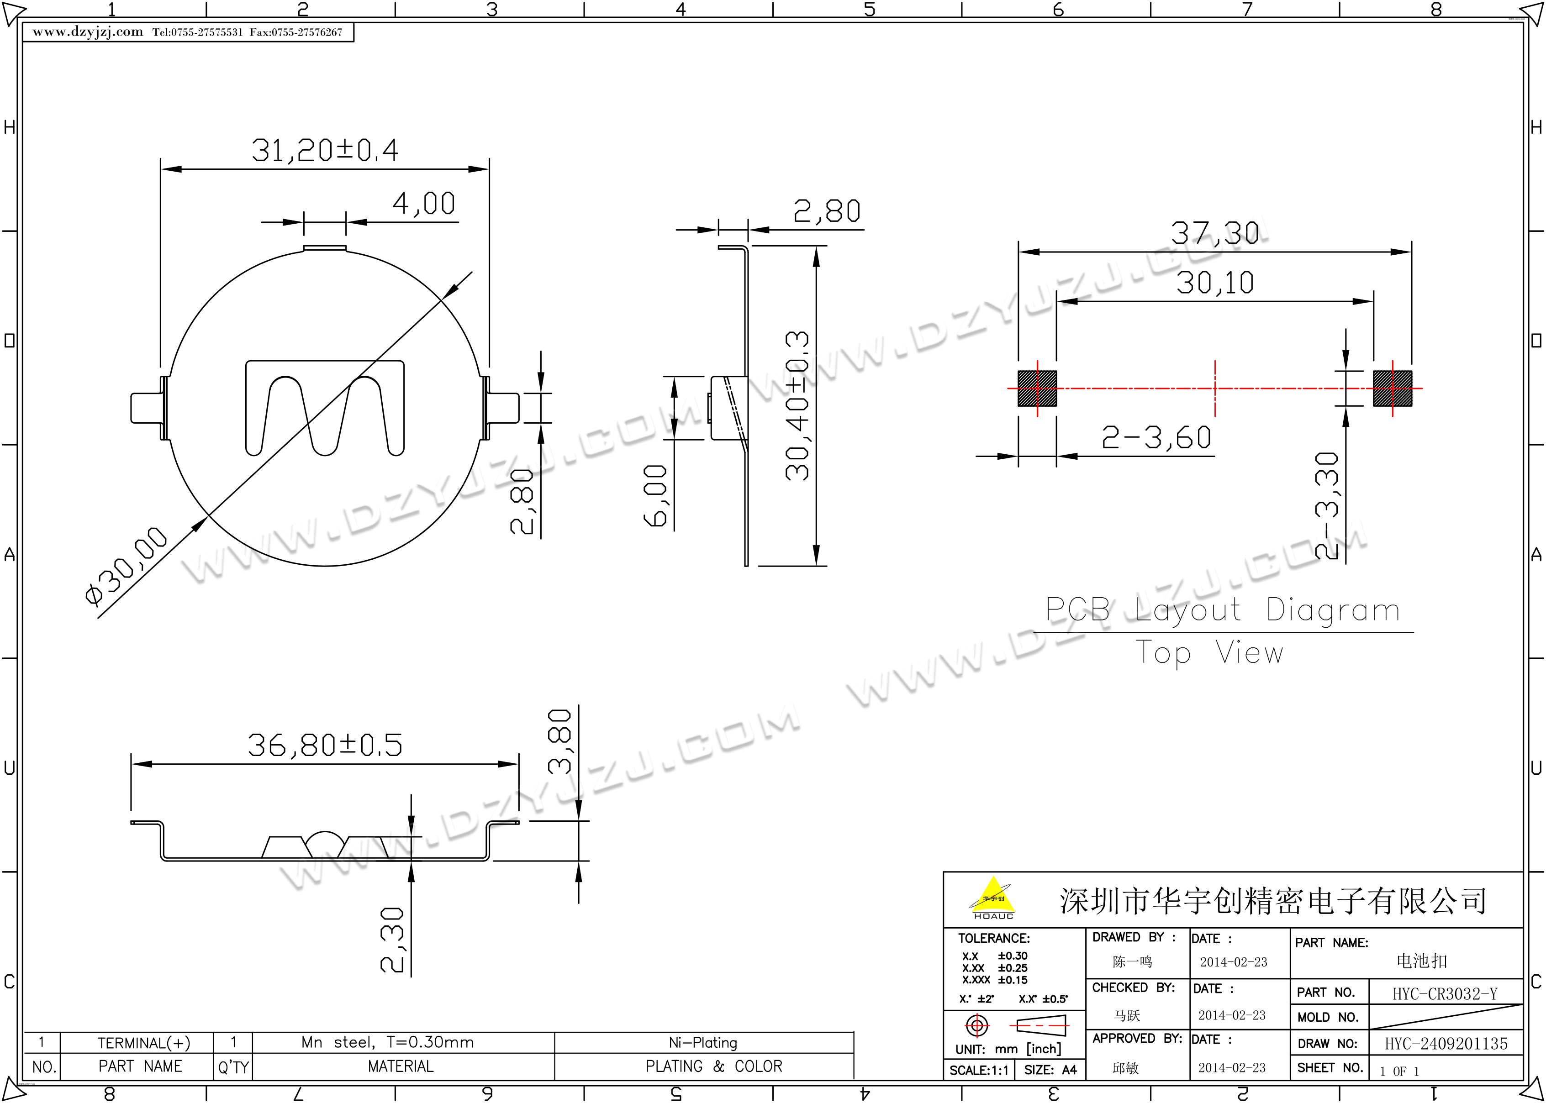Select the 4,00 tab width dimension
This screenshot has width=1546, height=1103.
(x=424, y=203)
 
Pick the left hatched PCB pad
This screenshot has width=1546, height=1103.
(x=1037, y=389)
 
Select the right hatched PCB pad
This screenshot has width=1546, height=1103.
(x=1393, y=389)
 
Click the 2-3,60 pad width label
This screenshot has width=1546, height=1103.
(x=1156, y=437)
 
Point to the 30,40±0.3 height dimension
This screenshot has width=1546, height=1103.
(x=797, y=406)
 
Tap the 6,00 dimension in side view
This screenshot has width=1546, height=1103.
(x=655, y=496)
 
